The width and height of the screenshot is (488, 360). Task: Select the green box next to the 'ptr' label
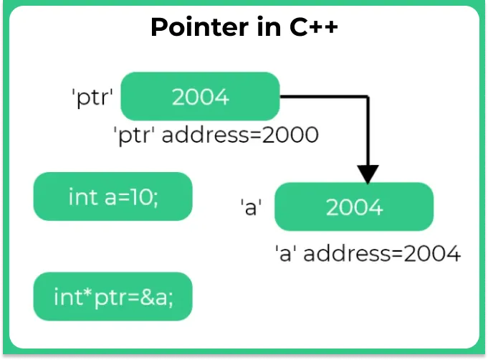pyautogui.click(x=199, y=96)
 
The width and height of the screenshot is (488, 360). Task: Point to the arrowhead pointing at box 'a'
pyautogui.click(x=368, y=174)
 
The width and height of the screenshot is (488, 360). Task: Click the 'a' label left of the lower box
pyautogui.click(x=251, y=207)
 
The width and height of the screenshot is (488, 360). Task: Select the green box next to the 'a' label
pyautogui.click(x=354, y=207)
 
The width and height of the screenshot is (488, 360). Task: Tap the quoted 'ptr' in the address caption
pyautogui.click(x=135, y=135)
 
